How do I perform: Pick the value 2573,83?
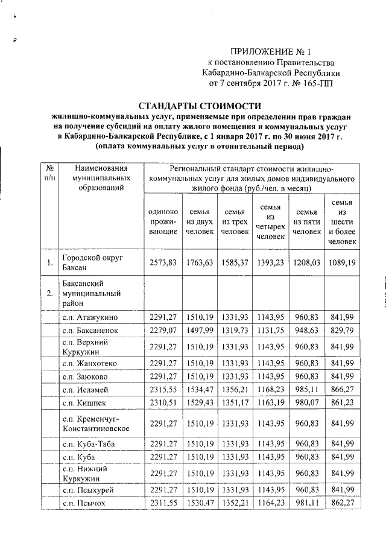tap(162, 262)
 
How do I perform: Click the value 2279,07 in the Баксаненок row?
tap(162, 331)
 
